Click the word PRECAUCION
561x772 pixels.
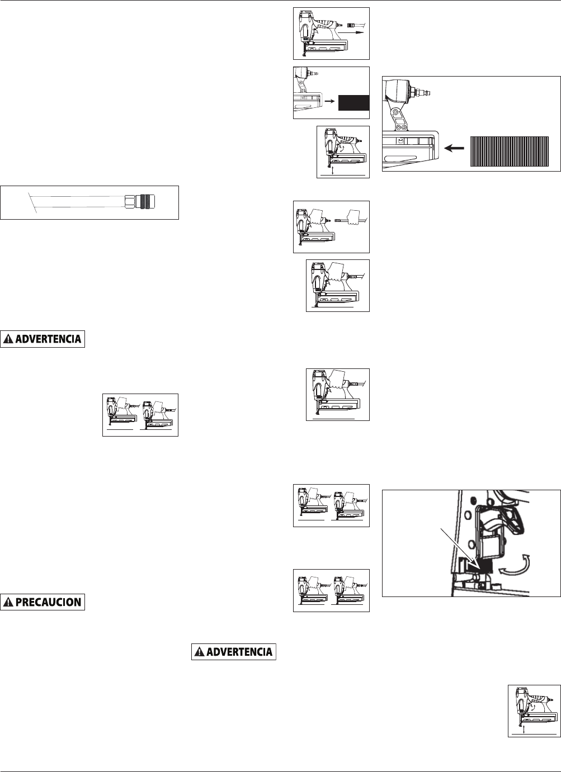pos(50,602)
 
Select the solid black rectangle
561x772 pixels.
pos(353,103)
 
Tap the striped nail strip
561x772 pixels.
pos(508,151)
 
